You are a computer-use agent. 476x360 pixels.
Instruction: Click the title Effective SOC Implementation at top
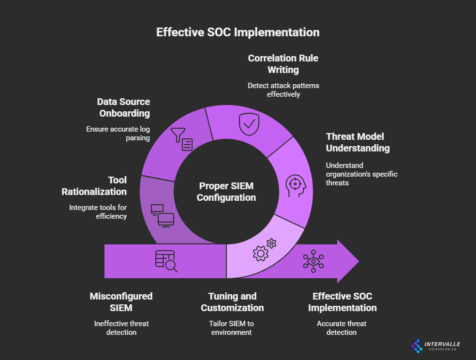coord(238,32)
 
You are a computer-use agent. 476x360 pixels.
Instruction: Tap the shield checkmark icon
coord(249,124)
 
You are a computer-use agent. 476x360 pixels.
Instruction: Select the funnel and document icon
coord(182,140)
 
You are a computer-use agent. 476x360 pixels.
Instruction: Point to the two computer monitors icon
coord(162,215)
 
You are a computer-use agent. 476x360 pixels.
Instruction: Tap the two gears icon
coord(264,250)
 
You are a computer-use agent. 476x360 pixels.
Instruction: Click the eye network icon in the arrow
coord(313,261)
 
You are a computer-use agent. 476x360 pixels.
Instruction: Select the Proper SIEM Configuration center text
coord(226,192)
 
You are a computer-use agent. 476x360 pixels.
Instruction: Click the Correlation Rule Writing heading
coord(283,64)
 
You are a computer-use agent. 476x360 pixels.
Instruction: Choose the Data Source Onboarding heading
coord(123,107)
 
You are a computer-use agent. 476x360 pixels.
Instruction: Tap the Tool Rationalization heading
coord(94,186)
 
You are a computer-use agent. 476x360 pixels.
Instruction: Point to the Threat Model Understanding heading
coord(357,142)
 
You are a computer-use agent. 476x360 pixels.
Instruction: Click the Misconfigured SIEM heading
coord(121,302)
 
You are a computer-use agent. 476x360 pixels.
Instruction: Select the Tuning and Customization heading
coord(232,302)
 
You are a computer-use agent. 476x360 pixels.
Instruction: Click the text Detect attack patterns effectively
coord(283,90)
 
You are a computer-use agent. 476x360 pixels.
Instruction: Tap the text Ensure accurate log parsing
coord(118,134)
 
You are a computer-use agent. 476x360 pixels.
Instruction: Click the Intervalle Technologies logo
coord(436,345)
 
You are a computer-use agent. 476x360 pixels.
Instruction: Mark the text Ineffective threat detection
coord(121,328)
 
